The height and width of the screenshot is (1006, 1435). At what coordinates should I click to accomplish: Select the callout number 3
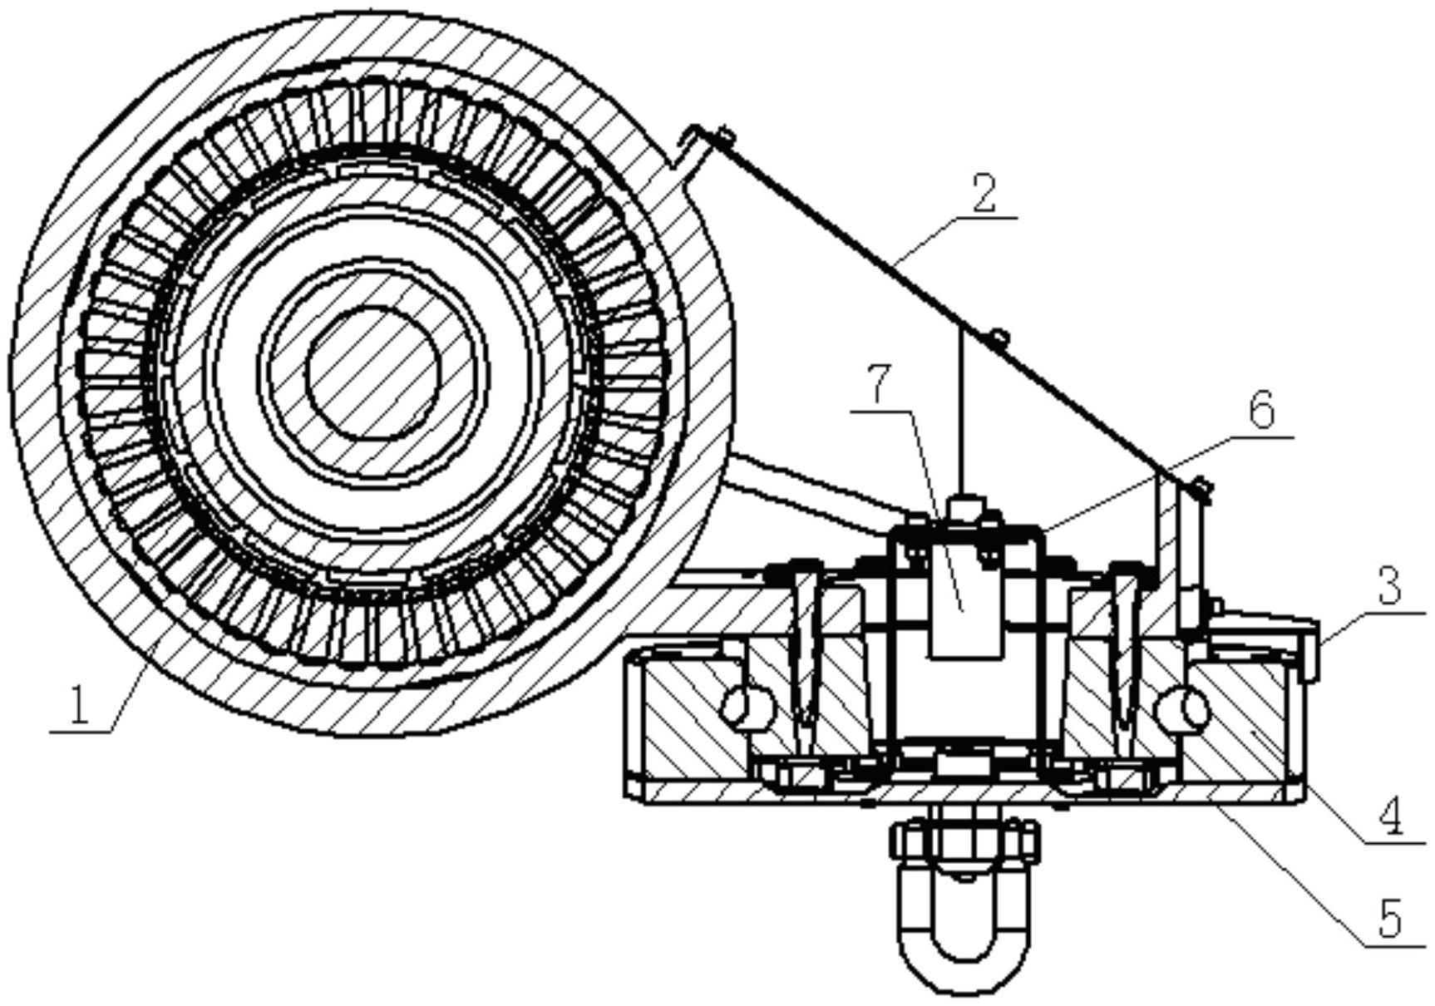pyautogui.click(x=1389, y=586)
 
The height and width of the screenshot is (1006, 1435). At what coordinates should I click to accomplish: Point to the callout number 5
pyautogui.click(x=1389, y=918)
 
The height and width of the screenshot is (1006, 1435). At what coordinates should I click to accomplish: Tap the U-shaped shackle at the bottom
pyautogui.click(x=964, y=923)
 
